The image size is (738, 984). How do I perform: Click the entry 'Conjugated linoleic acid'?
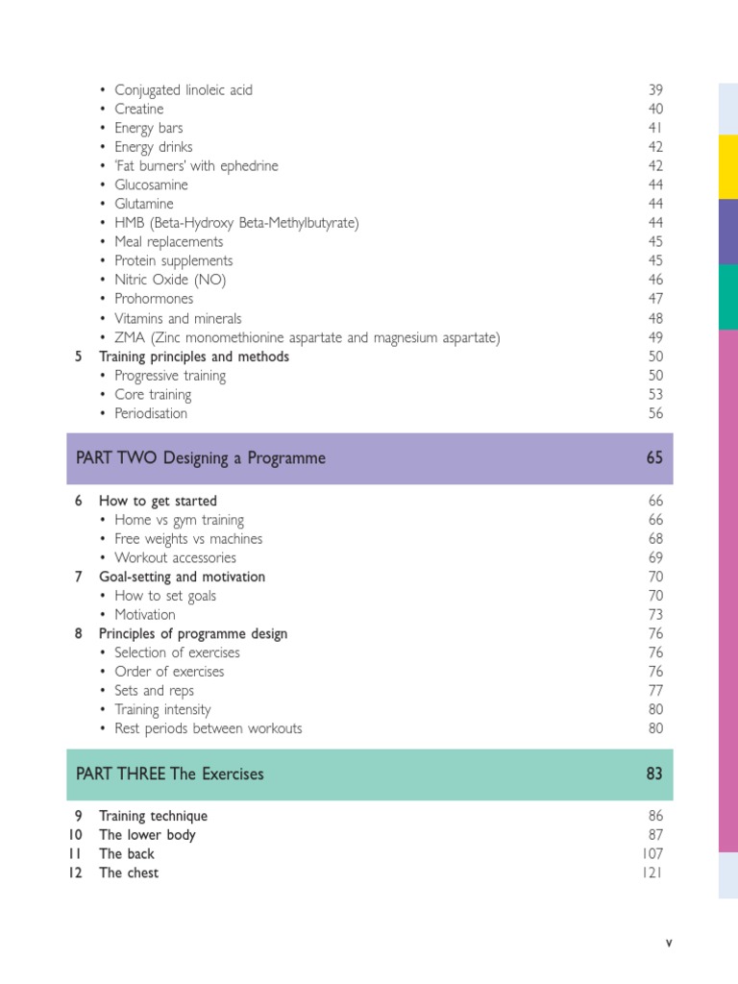click(184, 90)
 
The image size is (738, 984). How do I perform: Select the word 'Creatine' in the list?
click(139, 110)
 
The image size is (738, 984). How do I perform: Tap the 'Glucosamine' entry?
click(151, 185)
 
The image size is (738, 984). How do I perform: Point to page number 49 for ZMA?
click(655, 337)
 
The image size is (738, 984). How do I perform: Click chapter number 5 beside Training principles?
click(78, 357)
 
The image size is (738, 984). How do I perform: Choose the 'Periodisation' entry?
click(151, 414)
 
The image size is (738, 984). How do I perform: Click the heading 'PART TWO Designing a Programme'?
click(201, 459)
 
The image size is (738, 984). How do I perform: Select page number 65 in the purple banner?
click(654, 459)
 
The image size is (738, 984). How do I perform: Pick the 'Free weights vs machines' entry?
click(188, 539)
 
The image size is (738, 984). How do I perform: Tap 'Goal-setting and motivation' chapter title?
click(182, 578)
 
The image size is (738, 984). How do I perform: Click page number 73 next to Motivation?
click(655, 615)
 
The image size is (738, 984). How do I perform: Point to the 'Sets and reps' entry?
click(154, 691)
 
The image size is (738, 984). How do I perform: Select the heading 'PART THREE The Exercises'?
click(170, 775)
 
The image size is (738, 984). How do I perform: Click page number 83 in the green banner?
click(654, 775)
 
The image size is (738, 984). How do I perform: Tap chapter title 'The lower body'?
click(147, 835)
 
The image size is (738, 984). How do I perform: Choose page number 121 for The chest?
click(652, 873)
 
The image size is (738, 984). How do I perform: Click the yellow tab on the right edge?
click(728, 167)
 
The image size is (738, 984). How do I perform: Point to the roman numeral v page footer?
click(669, 943)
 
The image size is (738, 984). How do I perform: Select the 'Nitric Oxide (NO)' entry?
click(170, 281)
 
